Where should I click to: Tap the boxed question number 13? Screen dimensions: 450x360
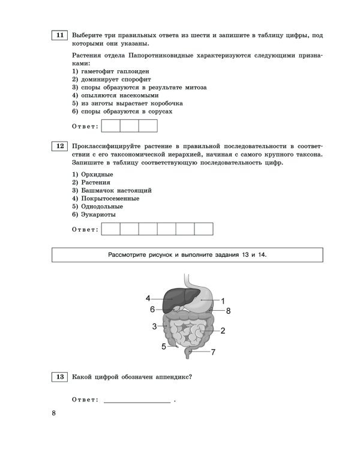click(x=59, y=377)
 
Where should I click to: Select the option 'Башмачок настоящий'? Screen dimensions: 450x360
click(x=111, y=190)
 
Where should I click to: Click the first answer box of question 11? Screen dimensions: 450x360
click(x=111, y=126)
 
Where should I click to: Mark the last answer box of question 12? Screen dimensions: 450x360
click(x=204, y=229)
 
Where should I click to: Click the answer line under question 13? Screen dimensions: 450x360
click(x=137, y=400)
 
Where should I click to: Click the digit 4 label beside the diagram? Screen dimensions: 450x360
click(x=148, y=298)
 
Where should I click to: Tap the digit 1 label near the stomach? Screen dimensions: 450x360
click(x=223, y=301)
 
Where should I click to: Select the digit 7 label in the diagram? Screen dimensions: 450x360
click(x=213, y=352)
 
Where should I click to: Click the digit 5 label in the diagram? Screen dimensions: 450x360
click(x=163, y=346)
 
